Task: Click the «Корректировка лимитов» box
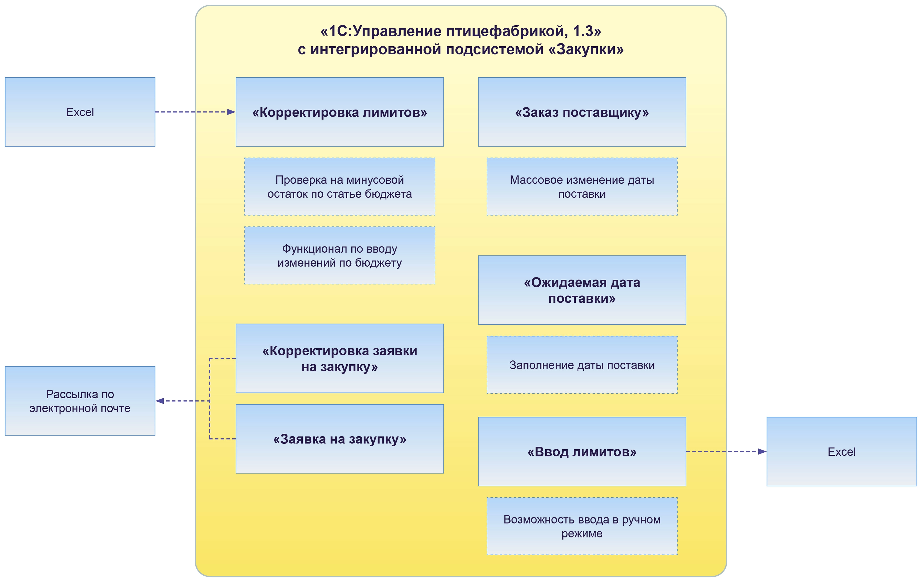(x=340, y=112)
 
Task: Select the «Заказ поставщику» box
(x=582, y=112)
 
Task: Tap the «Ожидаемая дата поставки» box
(x=582, y=290)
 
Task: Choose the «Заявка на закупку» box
(x=340, y=439)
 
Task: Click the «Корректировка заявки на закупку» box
(x=340, y=358)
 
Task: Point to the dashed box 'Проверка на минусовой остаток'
(x=340, y=186)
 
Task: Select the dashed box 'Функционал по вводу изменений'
(x=340, y=255)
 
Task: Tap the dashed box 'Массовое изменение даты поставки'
(x=582, y=186)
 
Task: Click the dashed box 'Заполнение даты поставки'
(x=582, y=365)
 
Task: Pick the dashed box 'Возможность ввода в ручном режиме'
(x=582, y=526)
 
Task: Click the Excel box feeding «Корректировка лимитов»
(x=80, y=112)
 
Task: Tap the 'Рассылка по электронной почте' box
(x=80, y=401)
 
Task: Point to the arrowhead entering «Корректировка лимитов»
(x=231, y=112)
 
